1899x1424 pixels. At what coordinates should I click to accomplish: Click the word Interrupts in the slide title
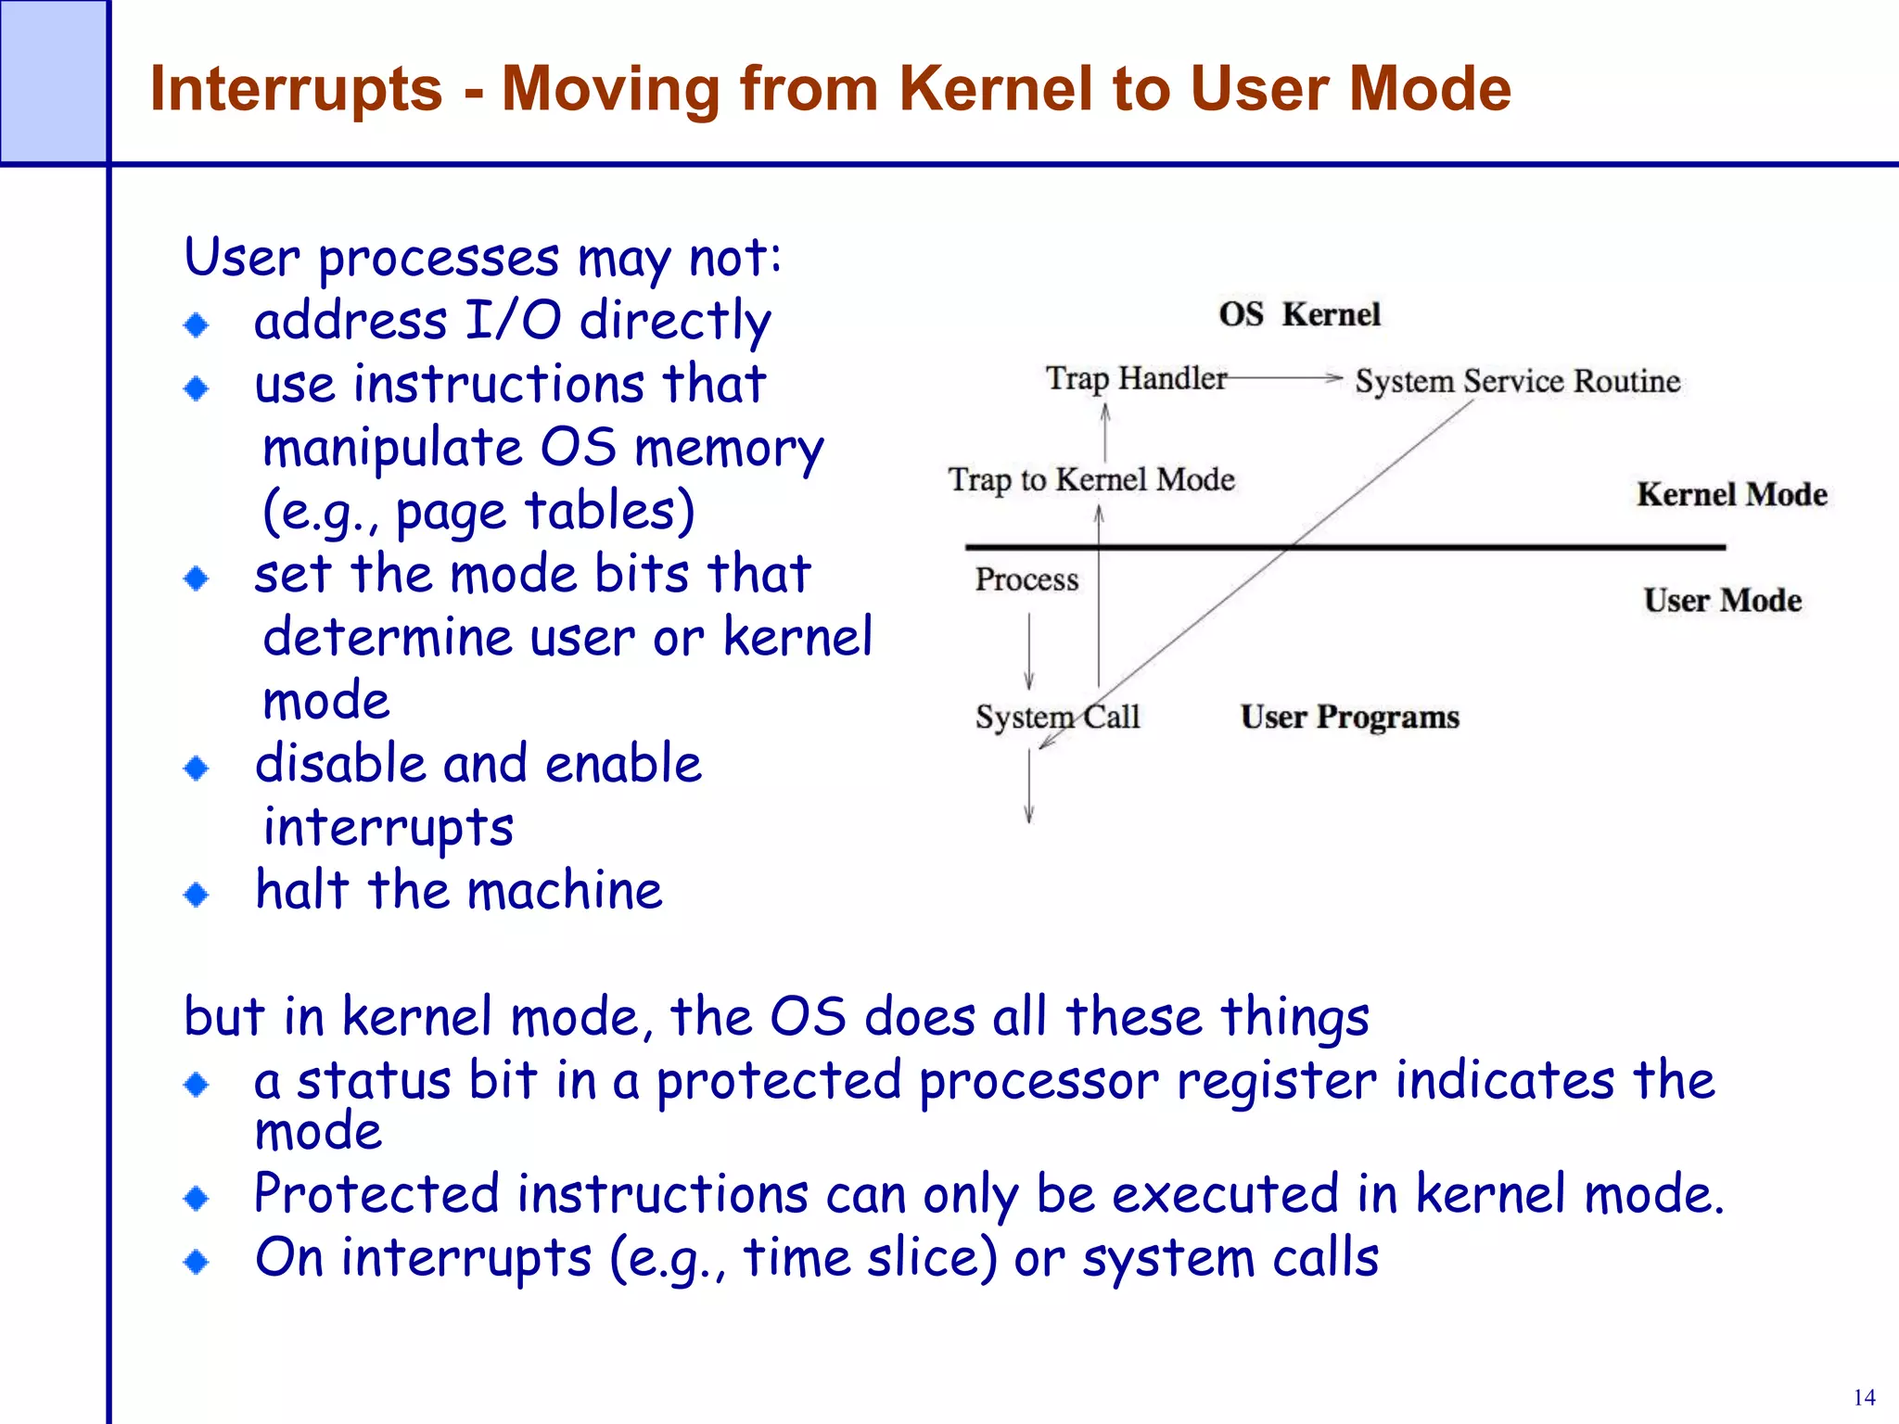[x=296, y=90]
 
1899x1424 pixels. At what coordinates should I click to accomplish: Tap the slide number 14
[x=1863, y=1397]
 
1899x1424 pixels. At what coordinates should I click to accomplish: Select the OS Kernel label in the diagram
[x=1299, y=314]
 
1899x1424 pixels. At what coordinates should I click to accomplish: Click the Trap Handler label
[x=1136, y=378]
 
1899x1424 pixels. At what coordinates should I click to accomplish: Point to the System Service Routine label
[x=1517, y=381]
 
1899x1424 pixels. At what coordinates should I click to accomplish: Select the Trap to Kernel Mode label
[x=1090, y=479]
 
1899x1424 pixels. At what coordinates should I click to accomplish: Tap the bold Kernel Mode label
[x=1731, y=494]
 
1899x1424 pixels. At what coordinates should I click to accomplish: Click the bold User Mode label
[x=1722, y=600]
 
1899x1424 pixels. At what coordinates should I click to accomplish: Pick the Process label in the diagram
[x=1026, y=579]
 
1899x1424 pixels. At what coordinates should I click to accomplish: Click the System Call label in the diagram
[x=1056, y=717]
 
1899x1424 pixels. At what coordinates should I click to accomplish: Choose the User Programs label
[x=1349, y=717]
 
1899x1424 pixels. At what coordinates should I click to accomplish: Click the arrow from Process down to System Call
[x=1028, y=651]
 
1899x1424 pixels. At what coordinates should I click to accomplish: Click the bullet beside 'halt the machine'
[x=197, y=895]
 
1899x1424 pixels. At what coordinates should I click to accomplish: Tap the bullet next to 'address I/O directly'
[x=197, y=324]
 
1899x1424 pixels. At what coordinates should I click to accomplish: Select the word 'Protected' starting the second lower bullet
[x=376, y=1194]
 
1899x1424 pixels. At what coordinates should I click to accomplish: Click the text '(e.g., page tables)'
[x=478, y=512]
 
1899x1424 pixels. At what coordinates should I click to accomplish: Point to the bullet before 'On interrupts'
[x=197, y=1262]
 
